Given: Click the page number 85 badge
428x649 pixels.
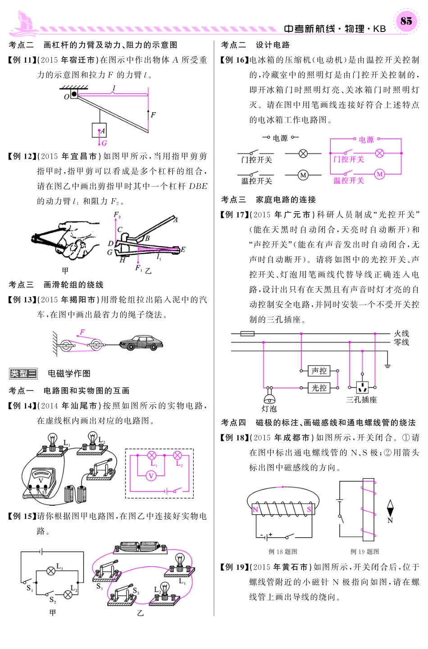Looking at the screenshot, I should pos(406,21).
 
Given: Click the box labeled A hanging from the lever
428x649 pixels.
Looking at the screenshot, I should pos(99,130).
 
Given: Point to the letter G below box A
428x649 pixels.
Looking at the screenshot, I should pos(104,143).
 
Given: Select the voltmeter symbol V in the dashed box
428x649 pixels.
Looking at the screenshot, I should pos(151,475).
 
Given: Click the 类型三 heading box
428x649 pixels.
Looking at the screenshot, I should pos(23,373).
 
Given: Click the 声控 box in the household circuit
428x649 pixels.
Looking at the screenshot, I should pos(319,371).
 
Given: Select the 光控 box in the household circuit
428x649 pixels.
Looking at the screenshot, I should pos(319,388).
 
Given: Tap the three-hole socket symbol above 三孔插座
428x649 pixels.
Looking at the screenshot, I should pos(362,387).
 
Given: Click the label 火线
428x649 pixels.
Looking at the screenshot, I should pos(401,334).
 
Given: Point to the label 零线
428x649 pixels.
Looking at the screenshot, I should pos(401,342).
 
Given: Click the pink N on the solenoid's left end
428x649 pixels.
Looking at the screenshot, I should pos(255,510).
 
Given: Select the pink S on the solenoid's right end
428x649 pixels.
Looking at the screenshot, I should pos(309,509).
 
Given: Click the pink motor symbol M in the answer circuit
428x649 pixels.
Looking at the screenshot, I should pos(379,174).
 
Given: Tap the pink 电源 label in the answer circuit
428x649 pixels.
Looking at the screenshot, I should pos(366,140).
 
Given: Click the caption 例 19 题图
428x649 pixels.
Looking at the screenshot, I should pos(364,551).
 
